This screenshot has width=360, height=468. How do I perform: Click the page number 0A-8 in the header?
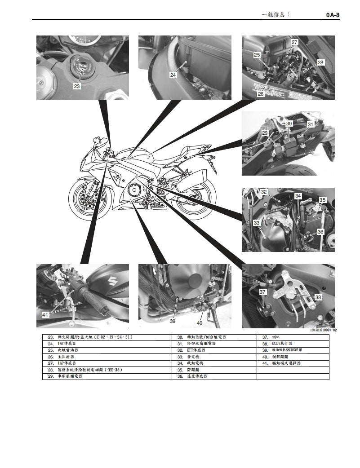click(x=333, y=15)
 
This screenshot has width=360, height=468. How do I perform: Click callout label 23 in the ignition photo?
click(x=77, y=86)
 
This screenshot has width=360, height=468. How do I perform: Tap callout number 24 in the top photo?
click(x=173, y=75)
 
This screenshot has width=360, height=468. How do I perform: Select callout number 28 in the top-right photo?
click(x=320, y=62)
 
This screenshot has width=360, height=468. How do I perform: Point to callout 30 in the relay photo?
click(x=289, y=123)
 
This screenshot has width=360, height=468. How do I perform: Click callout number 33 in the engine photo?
click(x=257, y=222)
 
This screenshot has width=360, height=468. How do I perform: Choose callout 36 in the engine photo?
click(x=320, y=232)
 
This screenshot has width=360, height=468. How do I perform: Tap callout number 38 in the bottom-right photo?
click(x=318, y=297)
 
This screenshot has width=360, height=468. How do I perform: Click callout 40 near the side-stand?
click(x=200, y=322)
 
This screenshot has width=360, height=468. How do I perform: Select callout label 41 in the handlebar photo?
click(x=45, y=315)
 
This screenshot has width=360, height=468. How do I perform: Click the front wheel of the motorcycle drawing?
click(x=89, y=197)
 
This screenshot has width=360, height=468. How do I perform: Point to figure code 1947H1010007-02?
click(x=323, y=330)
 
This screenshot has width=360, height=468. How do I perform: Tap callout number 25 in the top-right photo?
click(x=257, y=55)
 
